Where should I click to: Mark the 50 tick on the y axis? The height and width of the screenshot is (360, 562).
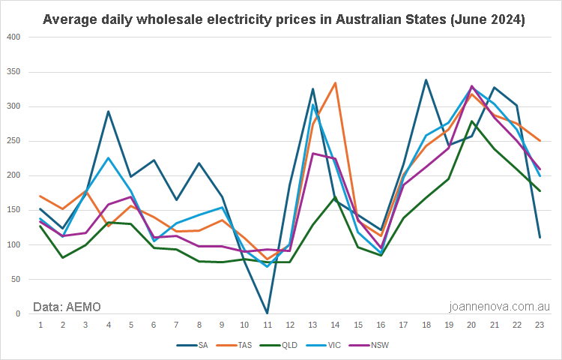click(16, 279)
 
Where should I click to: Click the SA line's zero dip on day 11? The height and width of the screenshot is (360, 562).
click(267, 313)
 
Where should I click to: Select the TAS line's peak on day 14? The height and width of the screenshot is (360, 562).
click(335, 83)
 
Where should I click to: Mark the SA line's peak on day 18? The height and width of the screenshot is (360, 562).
click(426, 80)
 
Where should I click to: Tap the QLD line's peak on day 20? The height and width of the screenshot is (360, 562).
click(471, 121)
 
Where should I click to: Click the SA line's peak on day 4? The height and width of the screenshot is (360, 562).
click(108, 112)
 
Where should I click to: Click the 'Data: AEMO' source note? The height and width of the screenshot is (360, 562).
click(67, 306)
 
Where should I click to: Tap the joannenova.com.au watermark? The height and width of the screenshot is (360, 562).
click(499, 306)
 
